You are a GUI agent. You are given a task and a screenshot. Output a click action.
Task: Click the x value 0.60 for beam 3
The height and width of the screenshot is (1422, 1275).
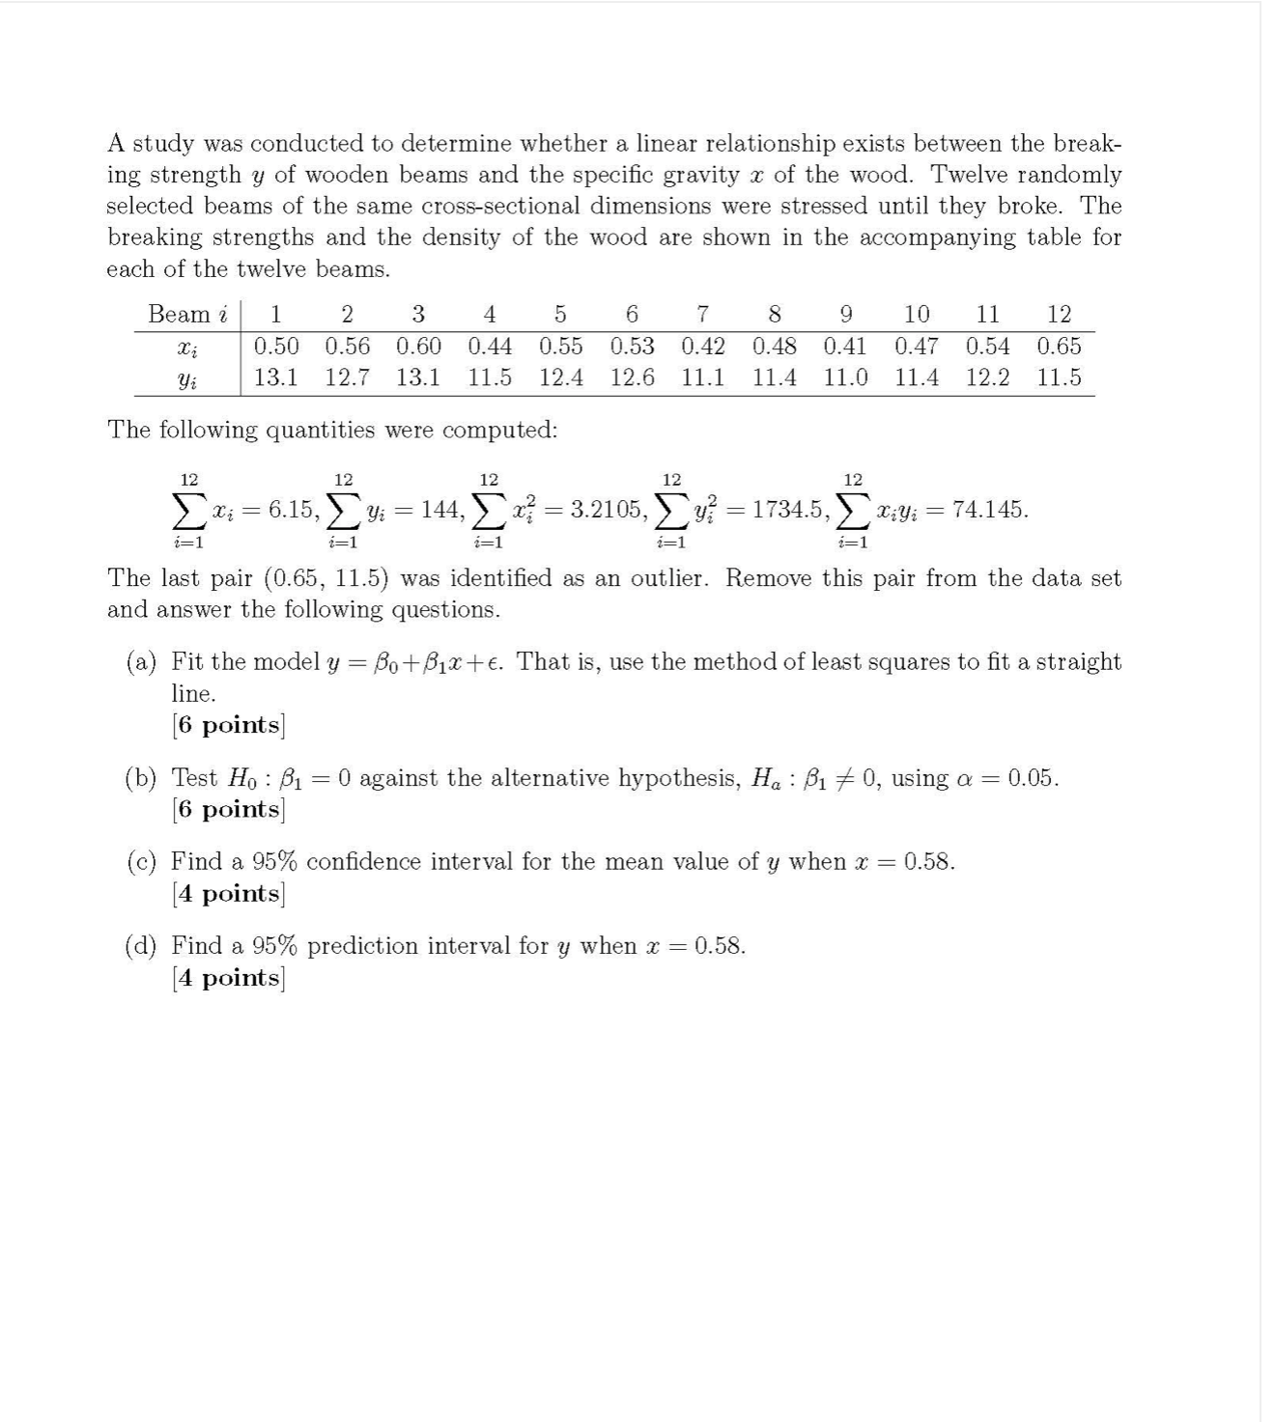click(418, 346)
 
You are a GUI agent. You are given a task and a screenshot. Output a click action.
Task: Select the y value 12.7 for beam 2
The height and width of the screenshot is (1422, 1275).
click(347, 377)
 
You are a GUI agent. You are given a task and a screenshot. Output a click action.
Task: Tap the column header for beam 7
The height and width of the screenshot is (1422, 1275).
click(703, 314)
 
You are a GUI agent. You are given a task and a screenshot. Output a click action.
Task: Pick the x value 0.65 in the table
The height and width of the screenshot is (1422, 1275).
click(1059, 346)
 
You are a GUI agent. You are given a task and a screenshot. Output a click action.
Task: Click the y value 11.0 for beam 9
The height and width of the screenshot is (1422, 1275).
click(845, 377)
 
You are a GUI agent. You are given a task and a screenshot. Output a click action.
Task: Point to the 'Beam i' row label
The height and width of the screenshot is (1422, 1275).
click(187, 314)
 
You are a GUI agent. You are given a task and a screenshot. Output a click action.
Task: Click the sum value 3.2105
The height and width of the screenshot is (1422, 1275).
click(605, 510)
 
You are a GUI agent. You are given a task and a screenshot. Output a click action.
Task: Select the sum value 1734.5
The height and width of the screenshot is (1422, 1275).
click(787, 510)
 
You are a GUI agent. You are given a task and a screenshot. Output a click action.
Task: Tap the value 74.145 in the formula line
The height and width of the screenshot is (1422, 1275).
click(989, 510)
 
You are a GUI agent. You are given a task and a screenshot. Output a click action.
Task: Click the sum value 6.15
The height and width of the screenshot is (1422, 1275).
click(292, 510)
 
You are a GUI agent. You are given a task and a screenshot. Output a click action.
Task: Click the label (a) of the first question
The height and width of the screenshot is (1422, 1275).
click(141, 662)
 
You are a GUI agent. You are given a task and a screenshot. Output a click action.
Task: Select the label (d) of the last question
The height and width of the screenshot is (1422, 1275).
click(141, 946)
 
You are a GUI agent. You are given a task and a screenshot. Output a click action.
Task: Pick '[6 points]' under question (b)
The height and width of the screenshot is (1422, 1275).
click(228, 809)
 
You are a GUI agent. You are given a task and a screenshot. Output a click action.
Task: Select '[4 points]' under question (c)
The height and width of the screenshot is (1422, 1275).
click(228, 894)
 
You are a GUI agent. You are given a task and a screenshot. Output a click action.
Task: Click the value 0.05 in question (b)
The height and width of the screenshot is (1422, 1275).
click(1031, 778)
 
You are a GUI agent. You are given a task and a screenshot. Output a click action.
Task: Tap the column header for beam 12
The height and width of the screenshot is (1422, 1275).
click(1059, 314)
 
